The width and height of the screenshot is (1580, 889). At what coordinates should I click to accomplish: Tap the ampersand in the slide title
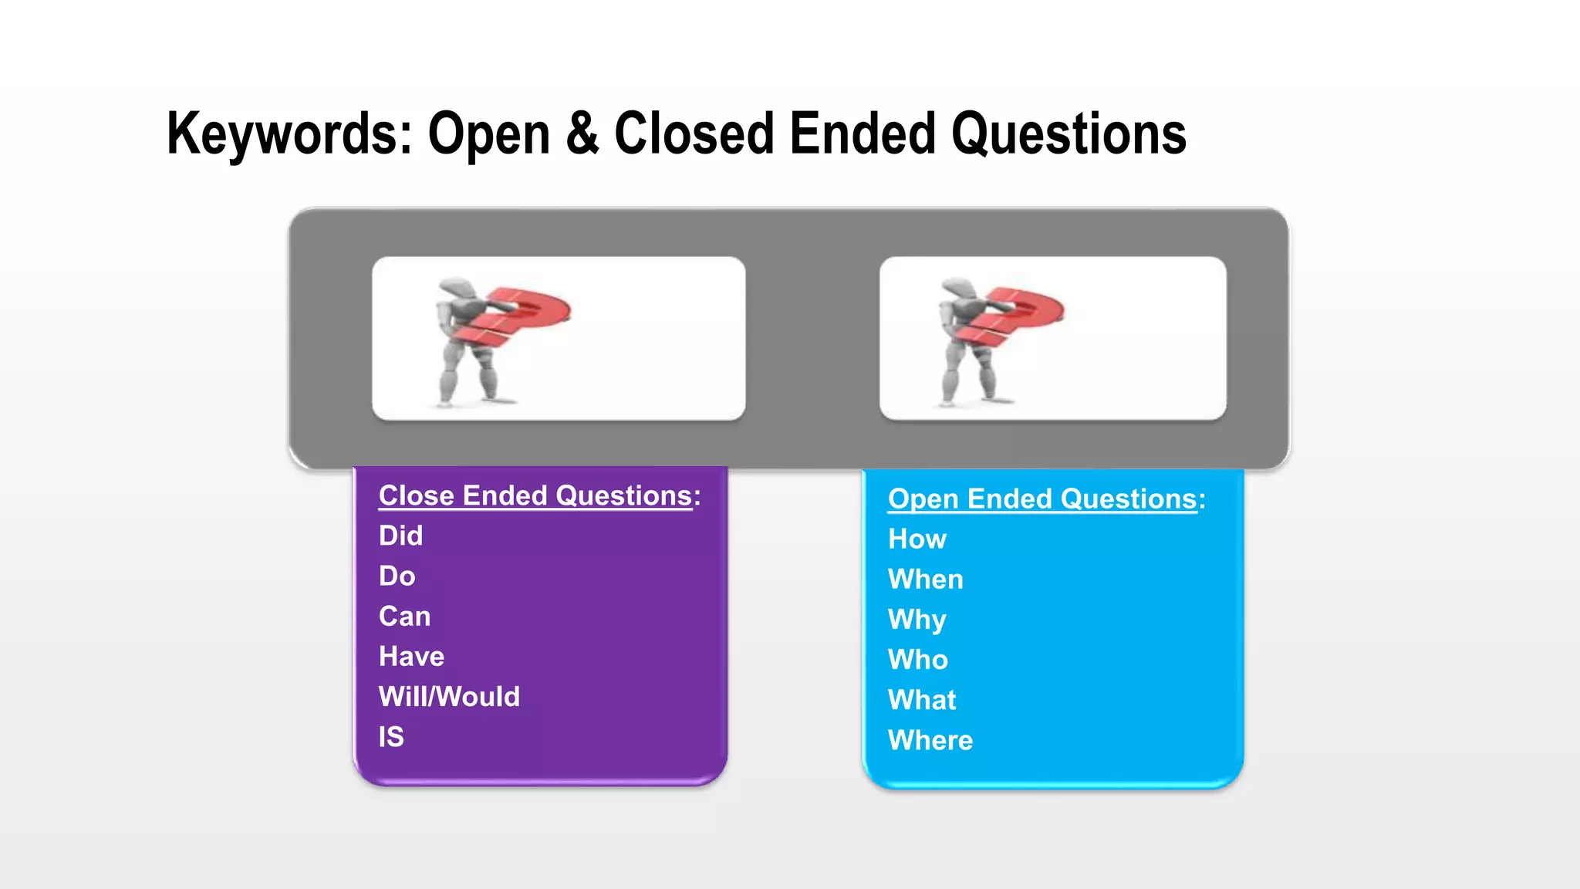pyautogui.click(x=582, y=134)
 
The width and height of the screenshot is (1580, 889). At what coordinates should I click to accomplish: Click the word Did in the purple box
pyautogui.click(x=400, y=536)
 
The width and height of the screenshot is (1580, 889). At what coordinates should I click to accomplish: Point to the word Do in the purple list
pyautogui.click(x=397, y=576)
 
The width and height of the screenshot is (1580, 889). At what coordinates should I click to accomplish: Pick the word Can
pyautogui.click(x=404, y=616)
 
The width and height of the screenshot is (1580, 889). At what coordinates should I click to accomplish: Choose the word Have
pyautogui.click(x=411, y=657)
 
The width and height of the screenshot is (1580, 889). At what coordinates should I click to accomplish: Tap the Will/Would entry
pyautogui.click(x=449, y=697)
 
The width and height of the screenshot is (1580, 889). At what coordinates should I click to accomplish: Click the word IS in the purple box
pyautogui.click(x=391, y=737)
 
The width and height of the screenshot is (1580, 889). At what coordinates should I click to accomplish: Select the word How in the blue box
pyautogui.click(x=917, y=539)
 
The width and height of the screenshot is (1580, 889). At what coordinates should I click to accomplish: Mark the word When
pyautogui.click(x=925, y=580)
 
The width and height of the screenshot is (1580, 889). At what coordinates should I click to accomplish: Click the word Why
pyautogui.click(x=917, y=620)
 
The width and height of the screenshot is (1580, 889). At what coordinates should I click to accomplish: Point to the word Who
pyautogui.click(x=917, y=660)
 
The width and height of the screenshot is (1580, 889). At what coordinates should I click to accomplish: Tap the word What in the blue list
pyautogui.click(x=922, y=700)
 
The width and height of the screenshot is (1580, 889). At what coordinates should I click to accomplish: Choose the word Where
pyautogui.click(x=930, y=740)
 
